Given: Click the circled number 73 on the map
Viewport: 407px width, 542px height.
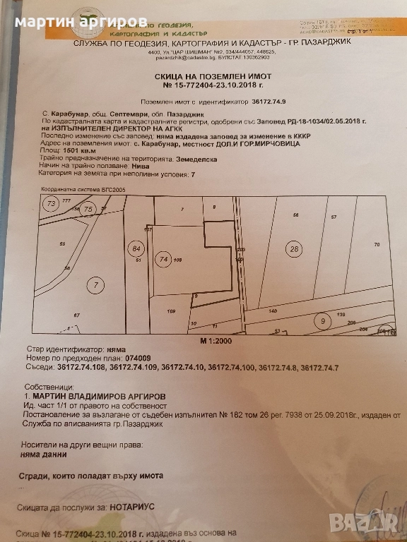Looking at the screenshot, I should [50, 204].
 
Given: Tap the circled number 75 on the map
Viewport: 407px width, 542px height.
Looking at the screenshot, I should [88, 210].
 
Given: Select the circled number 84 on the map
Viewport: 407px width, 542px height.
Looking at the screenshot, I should [138, 248].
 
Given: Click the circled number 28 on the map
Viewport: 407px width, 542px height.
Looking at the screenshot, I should [293, 248].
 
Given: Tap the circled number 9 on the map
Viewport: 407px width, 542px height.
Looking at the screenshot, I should [322, 321].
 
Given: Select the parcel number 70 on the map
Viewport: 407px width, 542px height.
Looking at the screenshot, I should [377, 244].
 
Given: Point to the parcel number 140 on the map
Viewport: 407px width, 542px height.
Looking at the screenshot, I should [273, 311].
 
